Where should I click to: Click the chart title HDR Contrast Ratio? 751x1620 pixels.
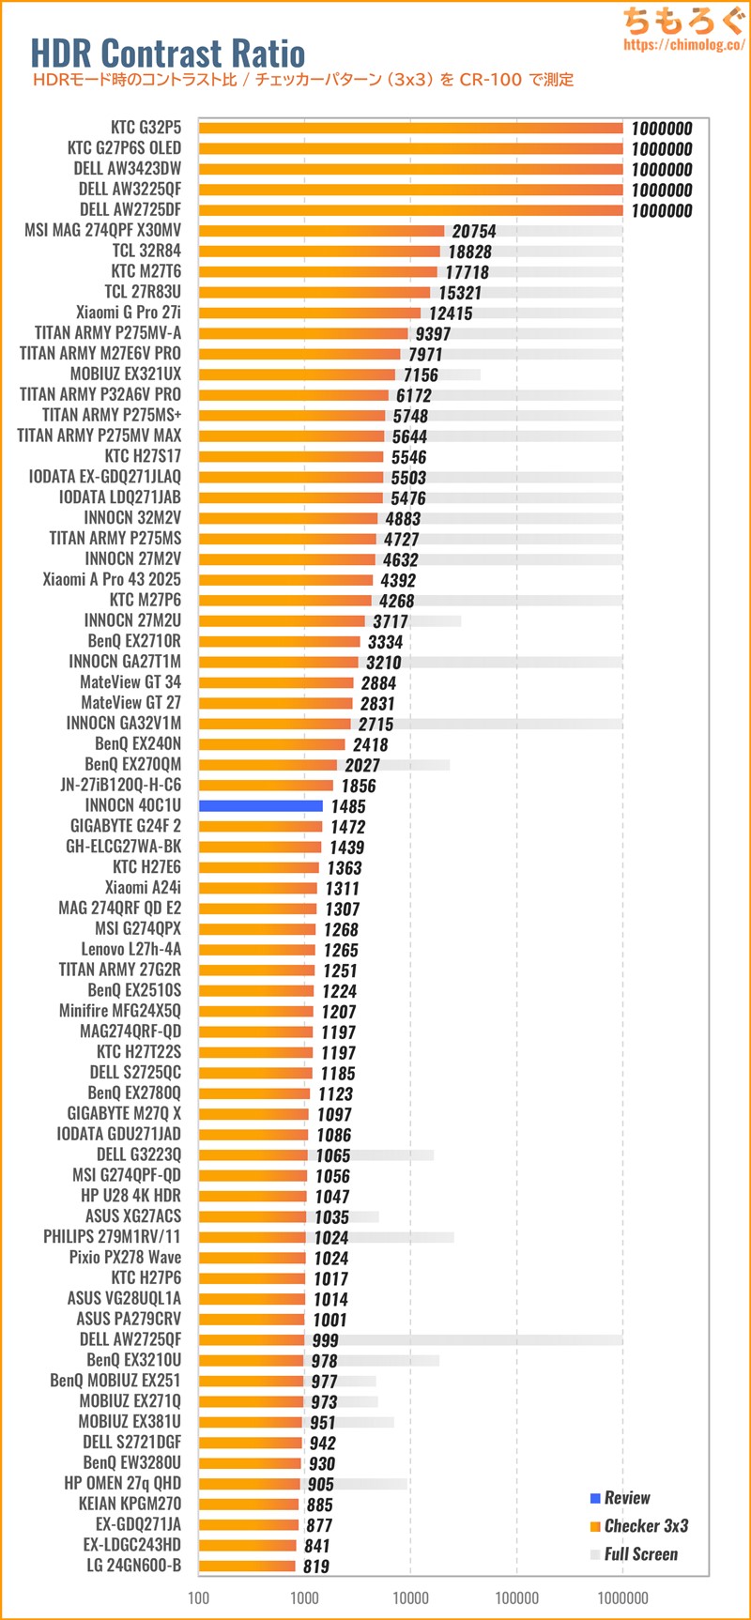pos(168,53)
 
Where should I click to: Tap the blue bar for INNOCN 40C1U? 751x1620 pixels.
pos(260,805)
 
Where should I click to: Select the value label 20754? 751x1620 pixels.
pos(473,231)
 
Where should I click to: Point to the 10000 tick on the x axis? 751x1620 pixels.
pos(410,1597)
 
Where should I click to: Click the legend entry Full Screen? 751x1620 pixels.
pos(640,1553)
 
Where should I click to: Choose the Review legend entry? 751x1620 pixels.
pos(627,1497)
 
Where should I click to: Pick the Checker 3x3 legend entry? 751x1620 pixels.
pos(646,1525)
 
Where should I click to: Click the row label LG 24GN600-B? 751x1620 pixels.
pos(130,1565)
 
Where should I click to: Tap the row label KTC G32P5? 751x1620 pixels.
pos(146,127)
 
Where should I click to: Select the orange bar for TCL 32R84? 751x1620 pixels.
pos(319,252)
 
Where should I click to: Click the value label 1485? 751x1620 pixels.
pos(348,806)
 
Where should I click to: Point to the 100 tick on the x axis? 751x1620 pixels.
pos(199,1597)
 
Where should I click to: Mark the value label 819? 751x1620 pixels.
pos(316,1566)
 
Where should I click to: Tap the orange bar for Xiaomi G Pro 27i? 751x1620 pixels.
pos(310,313)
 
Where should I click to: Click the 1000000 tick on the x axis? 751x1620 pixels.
pos(622,1597)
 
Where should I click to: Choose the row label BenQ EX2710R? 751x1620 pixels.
pos(134,640)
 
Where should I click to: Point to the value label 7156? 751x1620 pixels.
pos(421,374)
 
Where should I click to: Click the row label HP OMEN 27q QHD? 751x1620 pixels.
pos(122,1482)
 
